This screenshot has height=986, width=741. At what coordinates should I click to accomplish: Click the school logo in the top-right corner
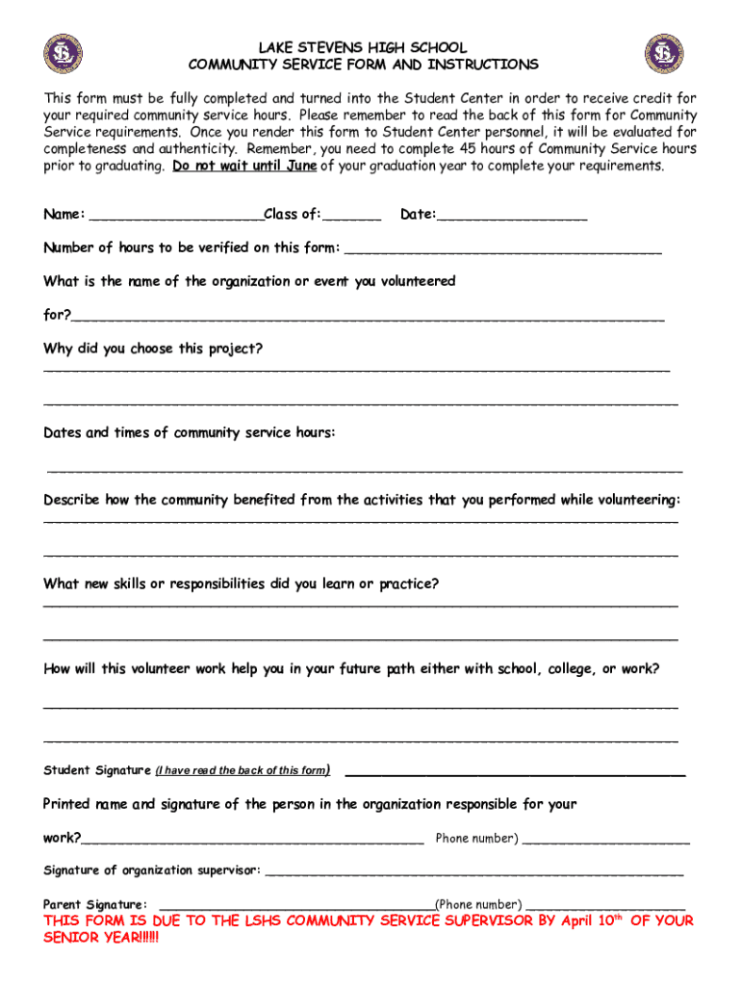pos(663,54)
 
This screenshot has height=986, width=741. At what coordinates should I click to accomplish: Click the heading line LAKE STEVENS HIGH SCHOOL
pos(362,47)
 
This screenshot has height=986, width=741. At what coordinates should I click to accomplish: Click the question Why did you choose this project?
pos(153,349)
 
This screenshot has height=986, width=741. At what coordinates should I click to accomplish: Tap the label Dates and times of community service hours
pos(190,433)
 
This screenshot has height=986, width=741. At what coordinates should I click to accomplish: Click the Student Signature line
pos(515,772)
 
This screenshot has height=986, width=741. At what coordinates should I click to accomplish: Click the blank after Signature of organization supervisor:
pos(473,872)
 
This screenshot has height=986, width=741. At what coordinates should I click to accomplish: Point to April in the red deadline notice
pos(577,921)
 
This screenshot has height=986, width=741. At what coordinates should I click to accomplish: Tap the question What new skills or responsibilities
pos(241,584)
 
